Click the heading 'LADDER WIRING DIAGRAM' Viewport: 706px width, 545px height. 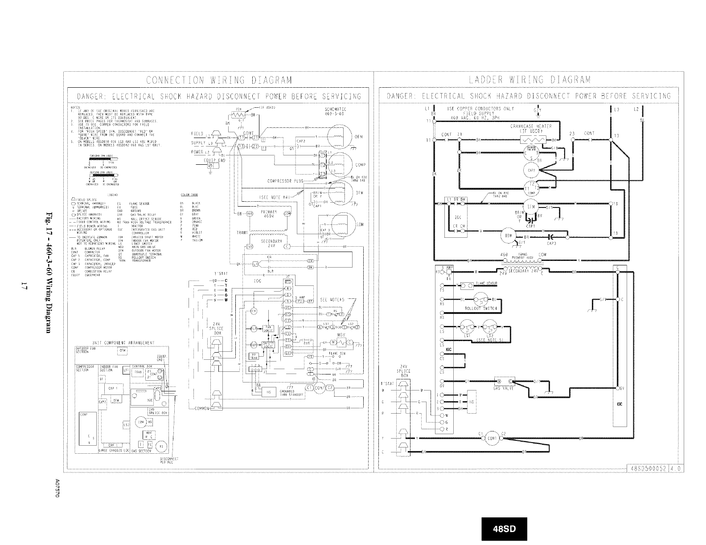pyautogui.click(x=530, y=80)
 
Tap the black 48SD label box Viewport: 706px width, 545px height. pyautogui.click(x=504, y=529)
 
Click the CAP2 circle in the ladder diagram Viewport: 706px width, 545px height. pyautogui.click(x=531, y=170)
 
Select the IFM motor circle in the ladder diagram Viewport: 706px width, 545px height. pyautogui.click(x=530, y=207)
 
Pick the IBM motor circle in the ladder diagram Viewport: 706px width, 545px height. pyautogui.click(x=506, y=236)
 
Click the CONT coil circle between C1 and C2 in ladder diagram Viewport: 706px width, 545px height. pyautogui.click(x=492, y=437)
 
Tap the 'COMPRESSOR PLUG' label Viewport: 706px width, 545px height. pyautogui.click(x=285, y=181)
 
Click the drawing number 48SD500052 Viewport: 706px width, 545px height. pyautogui.click(x=649, y=468)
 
